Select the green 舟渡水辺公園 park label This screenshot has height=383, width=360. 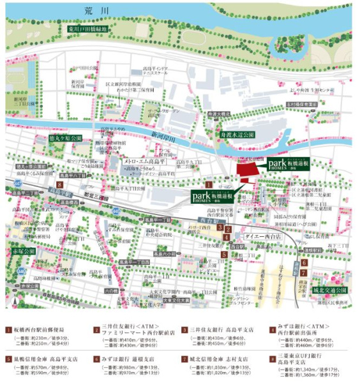(x=237, y=135)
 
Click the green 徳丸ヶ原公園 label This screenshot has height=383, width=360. (x=66, y=138)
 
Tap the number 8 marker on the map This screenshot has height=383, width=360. (x=60, y=184)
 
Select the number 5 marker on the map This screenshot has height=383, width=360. (x=224, y=254)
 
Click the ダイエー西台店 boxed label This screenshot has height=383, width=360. (x=257, y=237)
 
